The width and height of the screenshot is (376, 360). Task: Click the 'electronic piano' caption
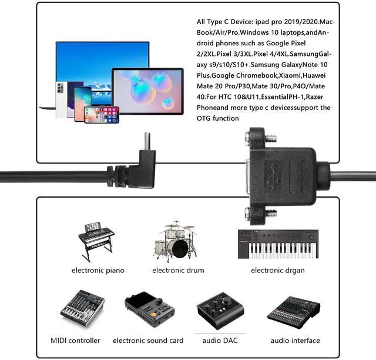pyautogui.click(x=98, y=271)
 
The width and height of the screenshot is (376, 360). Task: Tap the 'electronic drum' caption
pyautogui.click(x=178, y=271)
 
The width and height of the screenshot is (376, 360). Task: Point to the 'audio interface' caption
pyautogui.click(x=295, y=341)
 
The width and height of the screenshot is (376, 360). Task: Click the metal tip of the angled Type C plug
pyautogui.click(x=147, y=140)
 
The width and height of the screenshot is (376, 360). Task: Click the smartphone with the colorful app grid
pyautogui.click(x=101, y=114)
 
